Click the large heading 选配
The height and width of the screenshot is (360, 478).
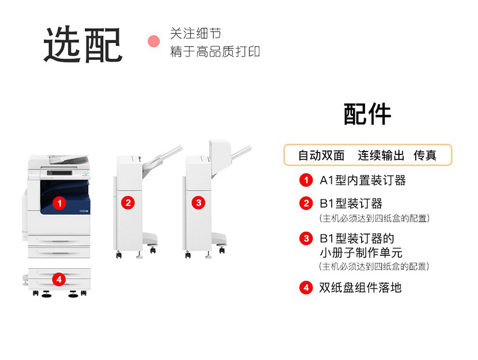tap(83, 44)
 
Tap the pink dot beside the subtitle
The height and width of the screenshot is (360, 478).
tap(154, 41)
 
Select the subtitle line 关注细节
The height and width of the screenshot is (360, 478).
tap(195, 33)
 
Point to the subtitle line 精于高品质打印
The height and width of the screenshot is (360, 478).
tap(215, 51)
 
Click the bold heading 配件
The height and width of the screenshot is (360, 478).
tap(367, 114)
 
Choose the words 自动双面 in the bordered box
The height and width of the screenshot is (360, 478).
tap(321, 156)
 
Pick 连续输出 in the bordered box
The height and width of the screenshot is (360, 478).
tap(381, 156)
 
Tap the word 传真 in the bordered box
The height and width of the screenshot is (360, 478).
tap(425, 156)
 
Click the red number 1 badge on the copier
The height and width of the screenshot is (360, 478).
tap(59, 203)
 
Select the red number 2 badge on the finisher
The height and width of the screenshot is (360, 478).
tap(128, 203)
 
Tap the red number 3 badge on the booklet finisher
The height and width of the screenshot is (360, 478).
tap(199, 203)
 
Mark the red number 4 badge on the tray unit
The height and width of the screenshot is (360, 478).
tap(59, 279)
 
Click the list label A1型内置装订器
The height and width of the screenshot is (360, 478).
tap(363, 180)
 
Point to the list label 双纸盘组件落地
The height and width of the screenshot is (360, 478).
tap(361, 287)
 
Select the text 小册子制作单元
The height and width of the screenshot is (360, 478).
tap(361, 253)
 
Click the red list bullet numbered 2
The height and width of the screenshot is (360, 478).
tap(306, 203)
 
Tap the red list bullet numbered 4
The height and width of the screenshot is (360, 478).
tap(306, 288)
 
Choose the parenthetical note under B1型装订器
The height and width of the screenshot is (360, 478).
tap(374, 218)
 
